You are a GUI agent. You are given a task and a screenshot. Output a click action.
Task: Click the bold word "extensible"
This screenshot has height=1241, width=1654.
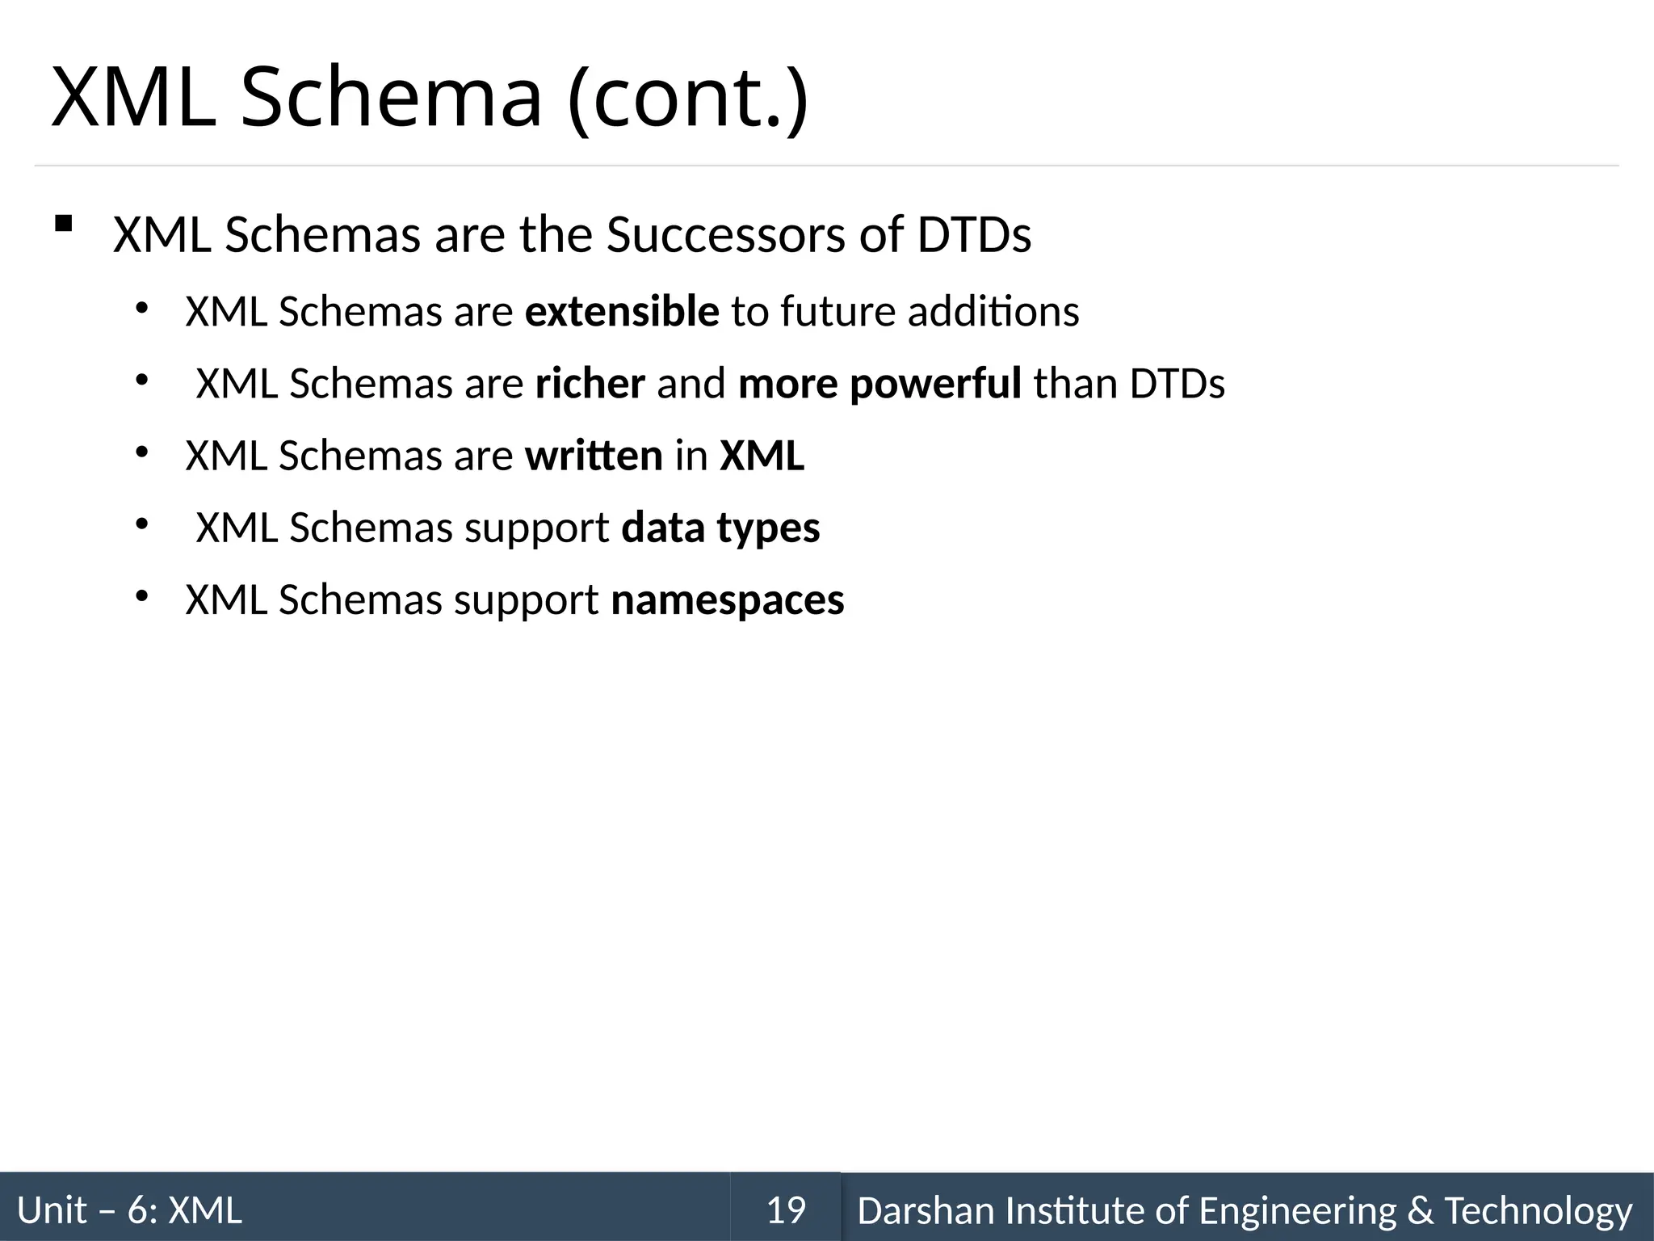pos(622,312)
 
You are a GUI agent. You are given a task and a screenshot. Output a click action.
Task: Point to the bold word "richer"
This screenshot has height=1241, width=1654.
pos(590,384)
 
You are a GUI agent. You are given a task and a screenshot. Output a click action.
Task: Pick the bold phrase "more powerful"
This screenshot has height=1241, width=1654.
pos(879,384)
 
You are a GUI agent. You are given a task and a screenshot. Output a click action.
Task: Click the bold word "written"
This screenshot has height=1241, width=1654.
pos(594,456)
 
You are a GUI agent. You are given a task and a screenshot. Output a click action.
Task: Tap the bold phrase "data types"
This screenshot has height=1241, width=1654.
pos(720,528)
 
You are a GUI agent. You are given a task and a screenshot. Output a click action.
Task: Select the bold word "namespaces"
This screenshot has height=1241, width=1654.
pos(727,600)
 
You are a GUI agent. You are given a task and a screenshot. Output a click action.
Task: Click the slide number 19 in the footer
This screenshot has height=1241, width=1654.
pos(786,1210)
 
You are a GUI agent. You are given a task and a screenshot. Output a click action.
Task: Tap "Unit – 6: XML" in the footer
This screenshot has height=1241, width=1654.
pos(129,1210)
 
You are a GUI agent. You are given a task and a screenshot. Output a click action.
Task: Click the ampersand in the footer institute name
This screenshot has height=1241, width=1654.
pos(1421,1210)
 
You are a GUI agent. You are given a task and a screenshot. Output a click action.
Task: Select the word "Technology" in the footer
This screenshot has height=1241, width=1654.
pos(1538,1210)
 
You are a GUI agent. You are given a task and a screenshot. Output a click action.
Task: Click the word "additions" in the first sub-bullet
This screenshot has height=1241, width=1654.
pos(993,312)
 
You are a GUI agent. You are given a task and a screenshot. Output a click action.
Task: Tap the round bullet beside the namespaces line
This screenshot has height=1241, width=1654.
pos(141,597)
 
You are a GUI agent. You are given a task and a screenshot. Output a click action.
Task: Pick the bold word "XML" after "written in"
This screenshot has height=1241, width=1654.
pos(762,456)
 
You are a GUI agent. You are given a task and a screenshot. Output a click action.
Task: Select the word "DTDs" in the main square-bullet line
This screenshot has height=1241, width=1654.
pos(974,235)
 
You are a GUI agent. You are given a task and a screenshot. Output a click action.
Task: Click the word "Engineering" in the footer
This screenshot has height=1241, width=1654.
pos(1298,1210)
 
